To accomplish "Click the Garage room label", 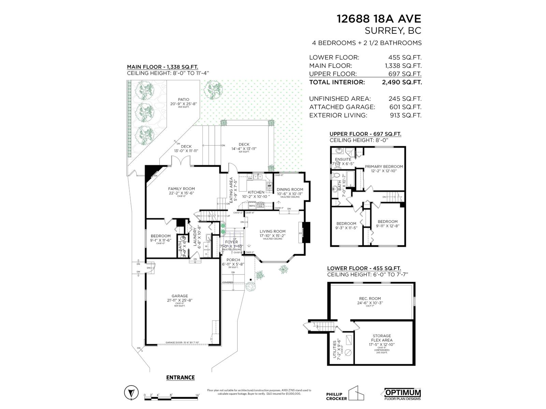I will pyautogui.click(x=179, y=296).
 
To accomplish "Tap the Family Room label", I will pyautogui.click(x=181, y=188).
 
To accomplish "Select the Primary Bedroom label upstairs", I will pyautogui.click(x=384, y=167).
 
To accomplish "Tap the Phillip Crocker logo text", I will pyautogui.click(x=336, y=396).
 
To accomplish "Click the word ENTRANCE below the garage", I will pyautogui.click(x=180, y=377).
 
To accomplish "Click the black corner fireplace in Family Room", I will pyautogui.click(x=150, y=172).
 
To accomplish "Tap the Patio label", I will pyautogui.click(x=183, y=100).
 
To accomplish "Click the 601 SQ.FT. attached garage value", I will pyautogui.click(x=406, y=107).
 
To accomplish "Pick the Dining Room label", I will pyautogui.click(x=290, y=190).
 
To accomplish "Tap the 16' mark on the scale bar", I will pyautogui.click(x=197, y=395).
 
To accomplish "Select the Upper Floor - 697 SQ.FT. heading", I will pyautogui.click(x=365, y=134).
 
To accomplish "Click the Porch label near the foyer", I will pyautogui.click(x=233, y=260).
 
